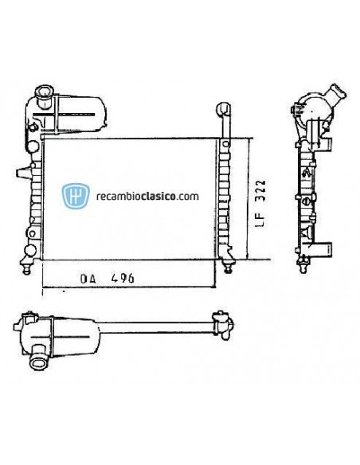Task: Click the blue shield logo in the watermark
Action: tap(75, 196)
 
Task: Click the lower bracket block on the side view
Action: tap(322, 250)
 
